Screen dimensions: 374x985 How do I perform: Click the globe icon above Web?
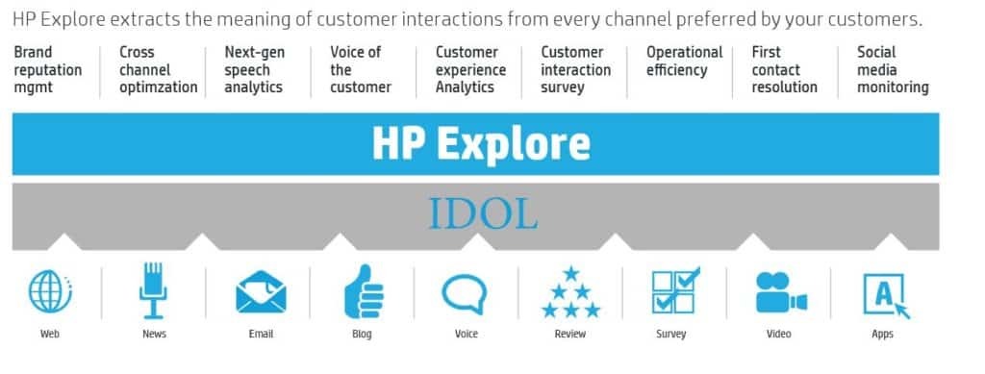[x=50, y=292]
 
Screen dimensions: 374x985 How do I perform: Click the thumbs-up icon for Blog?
[x=363, y=291]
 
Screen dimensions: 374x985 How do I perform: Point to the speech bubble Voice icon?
[x=466, y=292]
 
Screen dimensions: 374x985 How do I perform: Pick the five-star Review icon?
[x=570, y=292]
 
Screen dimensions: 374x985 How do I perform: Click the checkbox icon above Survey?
[x=676, y=291]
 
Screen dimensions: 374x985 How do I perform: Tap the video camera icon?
[x=780, y=292]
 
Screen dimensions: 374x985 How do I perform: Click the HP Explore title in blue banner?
[x=480, y=143]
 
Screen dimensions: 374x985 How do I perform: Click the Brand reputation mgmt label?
[x=47, y=69]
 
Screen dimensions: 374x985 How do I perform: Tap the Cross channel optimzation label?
[x=158, y=69]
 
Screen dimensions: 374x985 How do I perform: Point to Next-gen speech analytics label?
[x=254, y=69]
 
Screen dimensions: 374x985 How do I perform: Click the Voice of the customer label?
[x=360, y=69]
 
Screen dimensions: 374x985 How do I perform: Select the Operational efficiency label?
[x=684, y=61]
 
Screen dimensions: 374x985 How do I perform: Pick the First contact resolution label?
[x=784, y=69]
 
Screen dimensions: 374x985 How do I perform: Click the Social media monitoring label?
[x=893, y=69]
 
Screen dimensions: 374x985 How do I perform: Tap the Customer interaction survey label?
[x=575, y=69]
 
